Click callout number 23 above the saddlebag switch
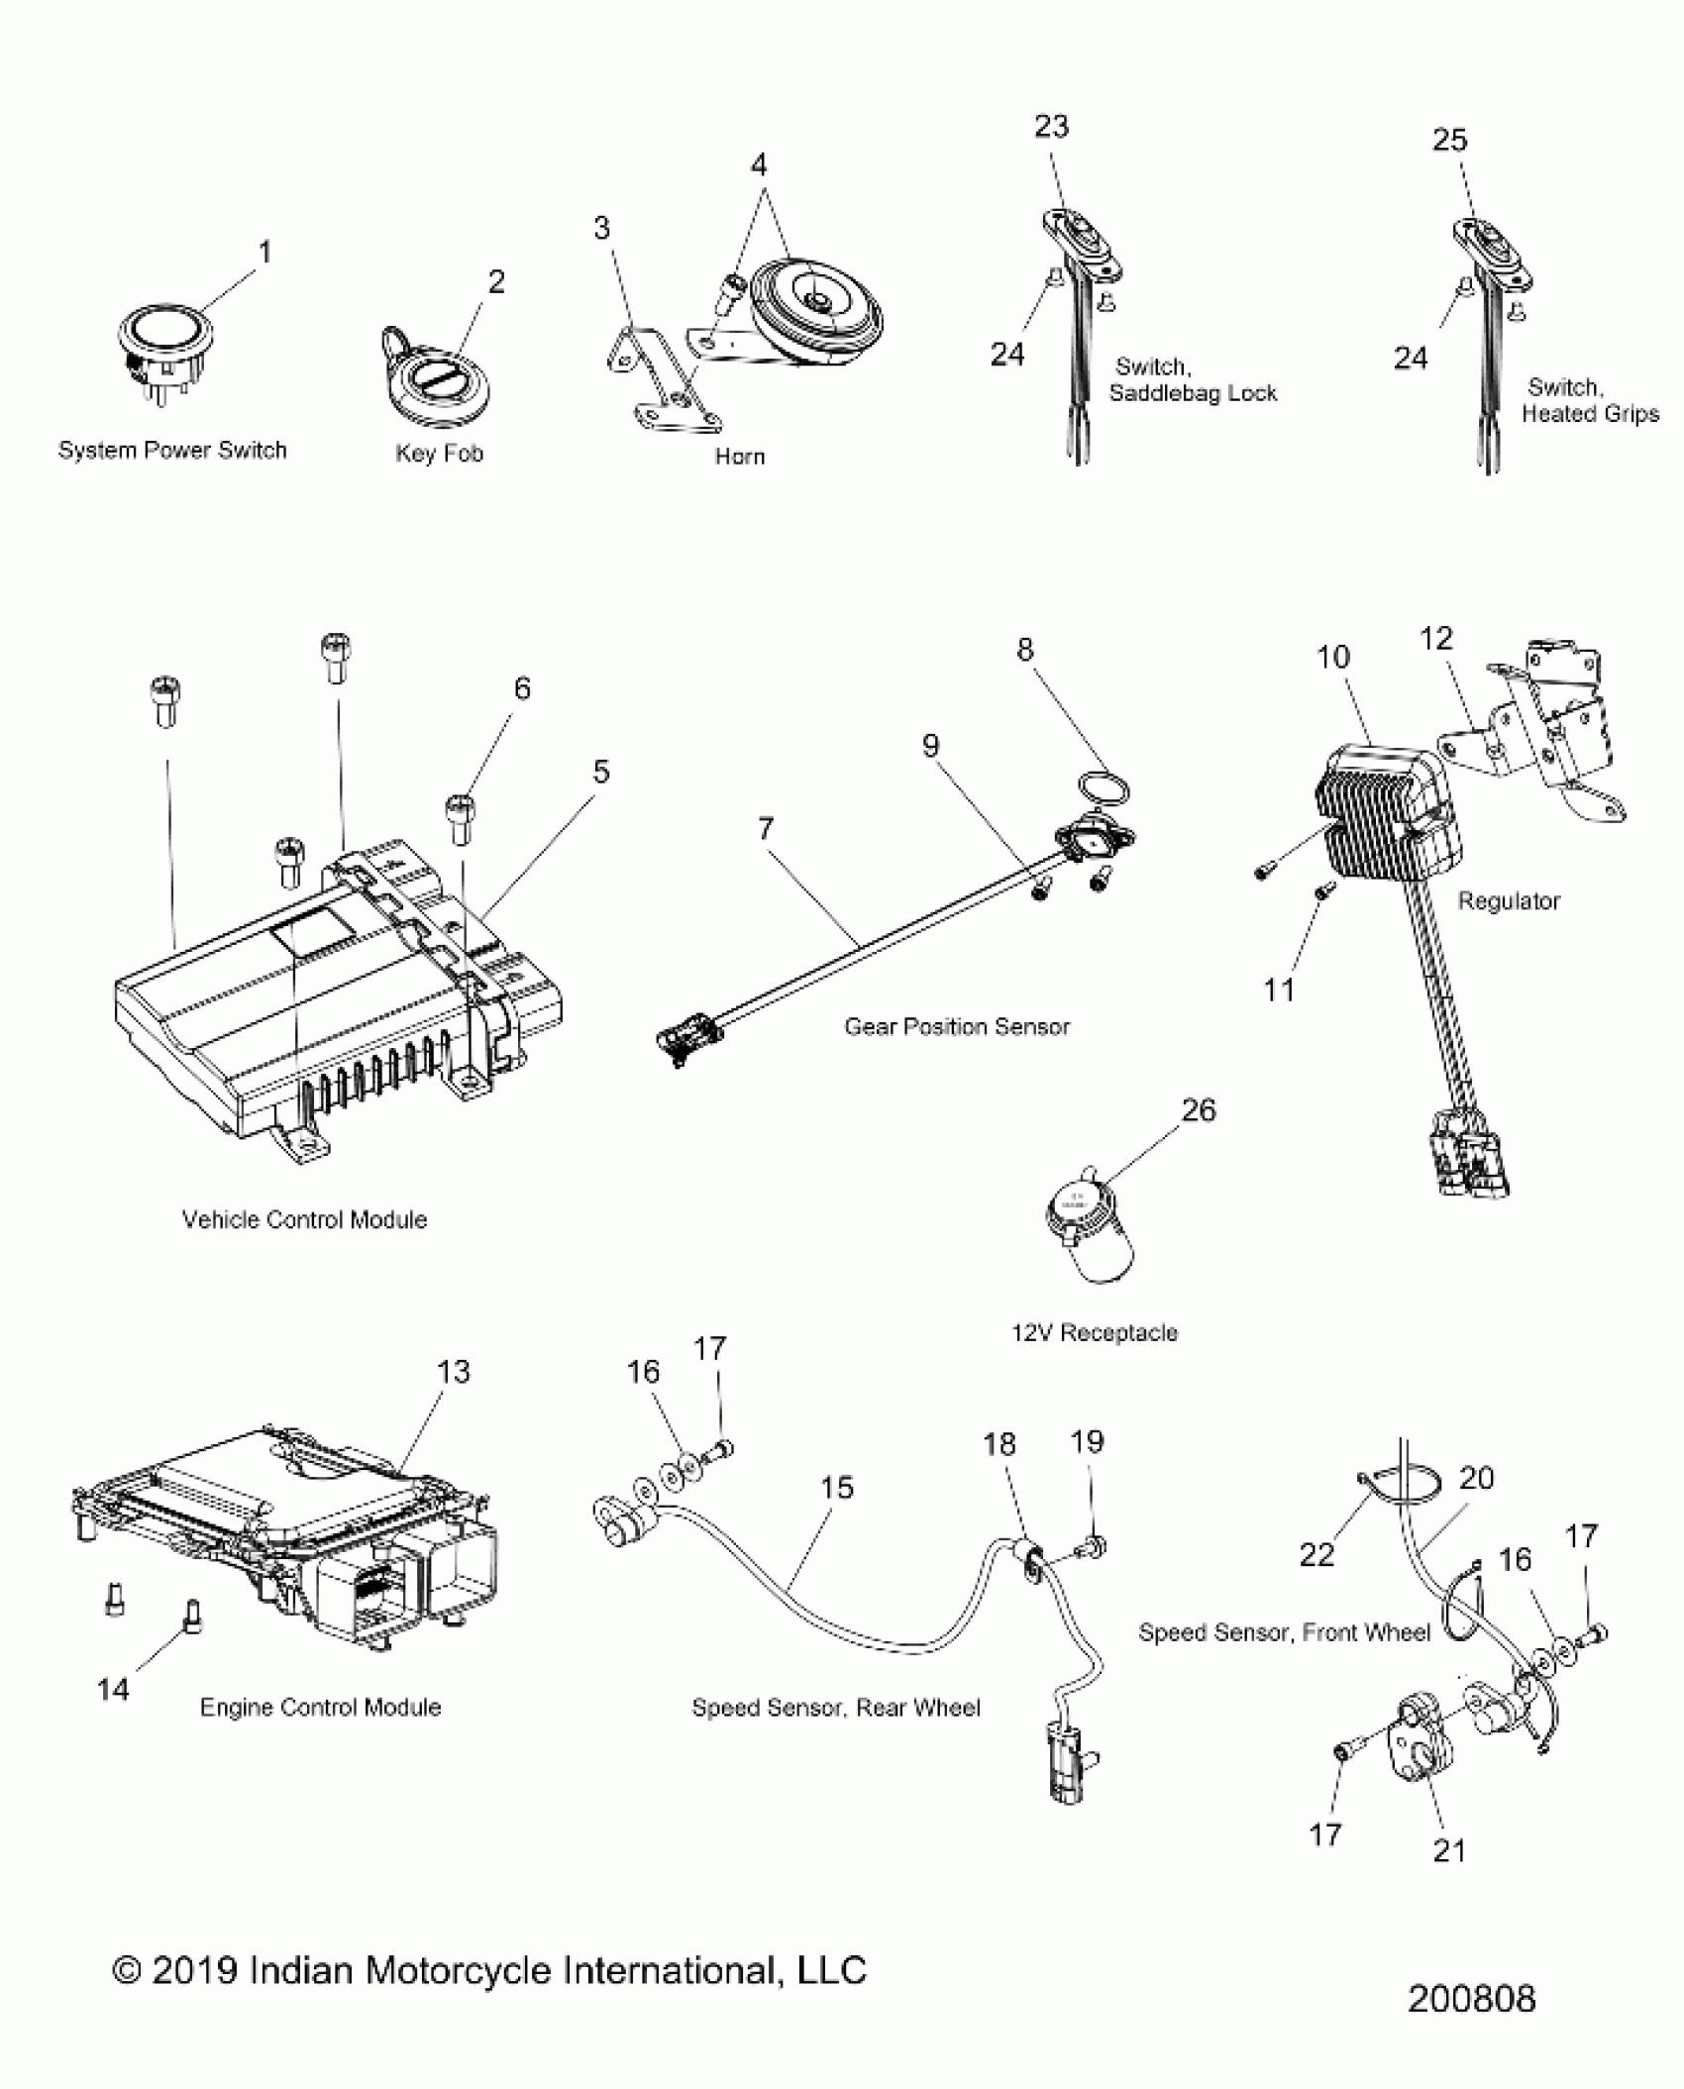tap(1051, 127)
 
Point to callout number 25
tap(1448, 140)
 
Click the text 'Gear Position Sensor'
tap(956, 1027)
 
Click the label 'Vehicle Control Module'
tap(304, 1219)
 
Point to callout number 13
tap(453, 1372)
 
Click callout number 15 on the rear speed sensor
tap(836, 1487)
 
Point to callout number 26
tap(1198, 1110)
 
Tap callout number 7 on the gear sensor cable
tap(765, 828)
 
